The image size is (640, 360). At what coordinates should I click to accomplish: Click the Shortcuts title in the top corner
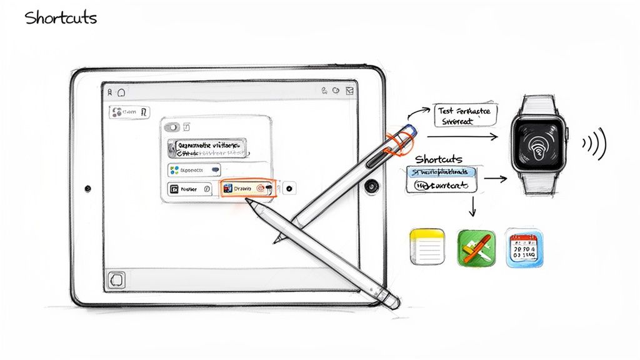pos(61,17)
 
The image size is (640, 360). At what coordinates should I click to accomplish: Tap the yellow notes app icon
pos(426,247)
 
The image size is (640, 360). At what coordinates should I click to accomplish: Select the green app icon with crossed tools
pos(476,247)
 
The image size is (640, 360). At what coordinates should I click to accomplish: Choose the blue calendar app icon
pos(524,247)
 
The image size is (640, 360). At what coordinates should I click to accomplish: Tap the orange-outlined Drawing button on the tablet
pos(247,188)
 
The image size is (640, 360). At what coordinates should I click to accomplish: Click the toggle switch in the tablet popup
pos(172,127)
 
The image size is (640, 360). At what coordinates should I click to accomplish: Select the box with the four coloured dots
pos(194,169)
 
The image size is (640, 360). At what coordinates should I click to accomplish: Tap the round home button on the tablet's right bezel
pos(373,186)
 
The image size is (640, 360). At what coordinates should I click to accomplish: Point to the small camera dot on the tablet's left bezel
pos(87,187)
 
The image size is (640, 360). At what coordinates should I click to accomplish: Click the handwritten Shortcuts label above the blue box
pos(439,159)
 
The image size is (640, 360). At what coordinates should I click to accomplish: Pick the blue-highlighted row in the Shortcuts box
pos(441,172)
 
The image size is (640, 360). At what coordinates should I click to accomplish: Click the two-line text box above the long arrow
pos(466,116)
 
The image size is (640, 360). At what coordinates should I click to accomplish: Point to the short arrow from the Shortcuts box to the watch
pos(495,179)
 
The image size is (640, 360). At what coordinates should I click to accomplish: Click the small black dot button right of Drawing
pos(289,188)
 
